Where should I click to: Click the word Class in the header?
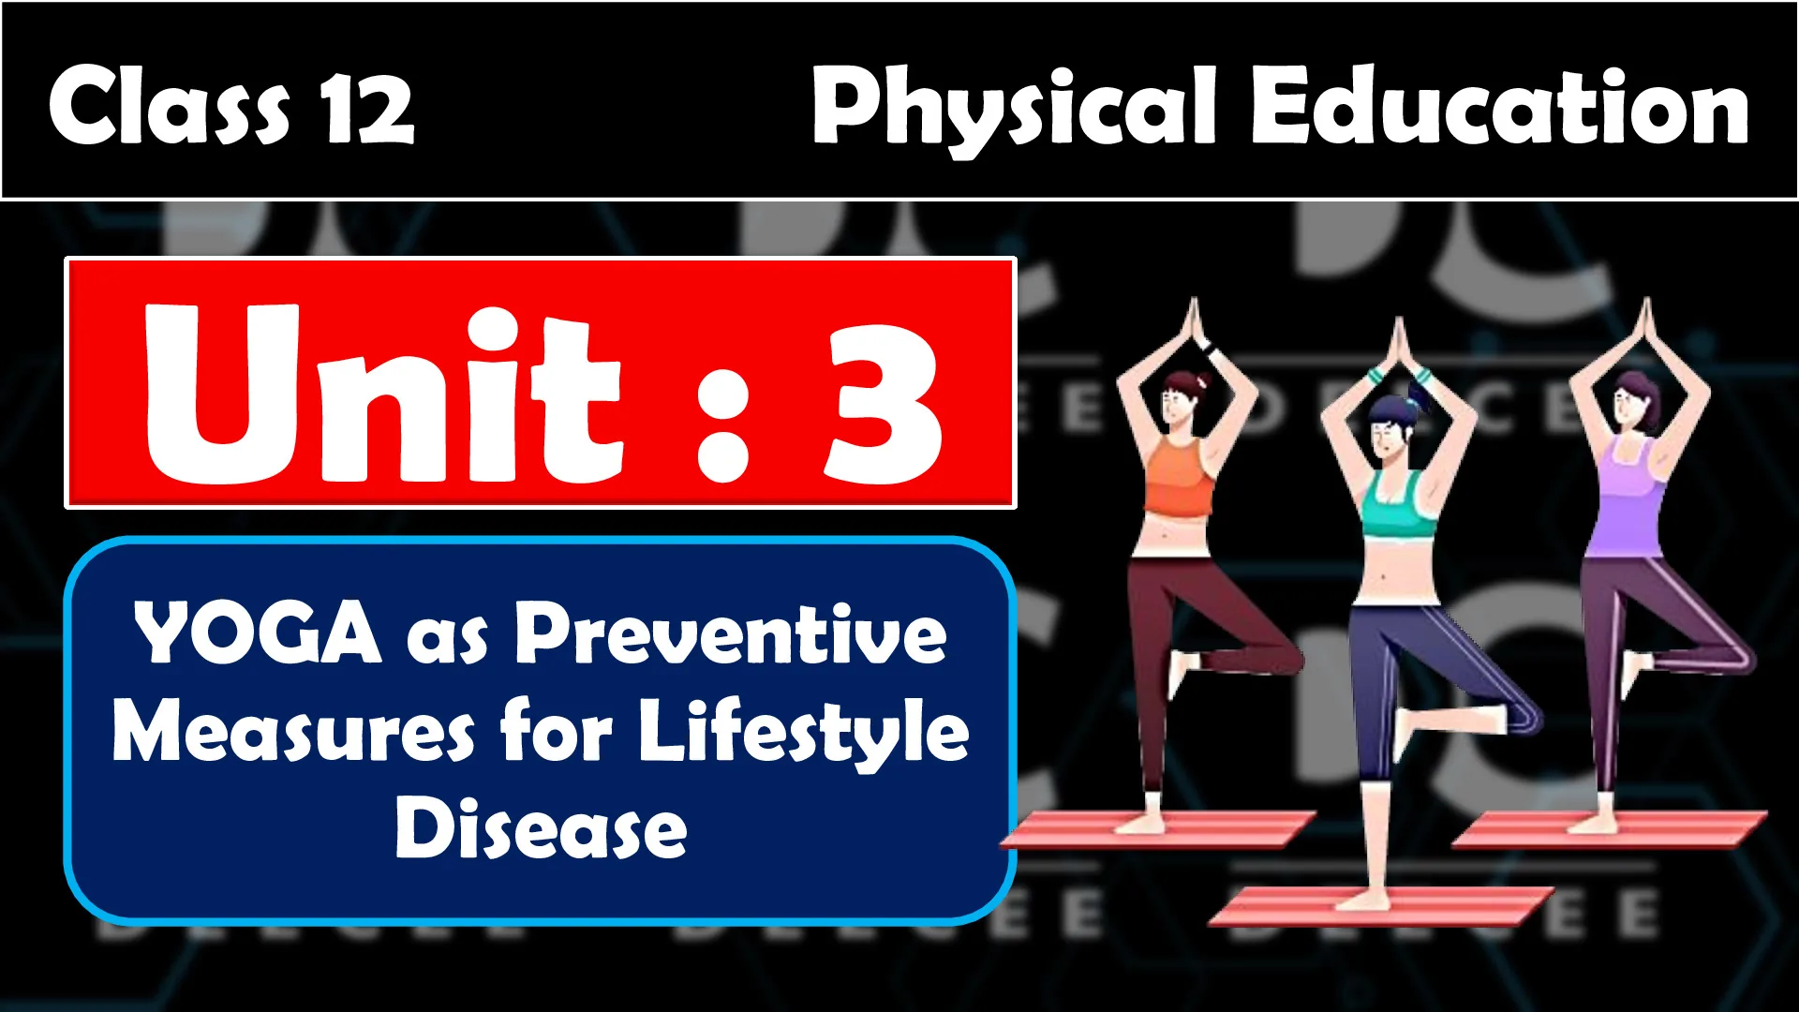pos(170,105)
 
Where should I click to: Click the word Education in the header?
pos(1498,106)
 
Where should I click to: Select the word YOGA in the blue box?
pos(258,633)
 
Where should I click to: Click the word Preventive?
pos(731,633)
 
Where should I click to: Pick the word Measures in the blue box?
pos(293,732)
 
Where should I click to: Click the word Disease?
pos(541,827)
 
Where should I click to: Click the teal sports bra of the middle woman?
pos(1397,506)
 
